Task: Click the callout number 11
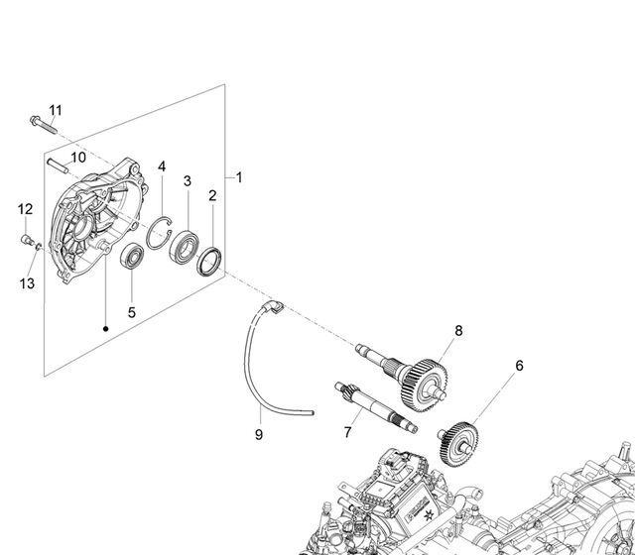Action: pos(56,110)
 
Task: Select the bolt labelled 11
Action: pos(44,125)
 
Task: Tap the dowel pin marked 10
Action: pos(58,166)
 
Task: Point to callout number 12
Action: pos(25,209)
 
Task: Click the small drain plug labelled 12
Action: pos(28,240)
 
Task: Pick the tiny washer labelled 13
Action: pos(39,246)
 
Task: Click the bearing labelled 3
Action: pos(185,247)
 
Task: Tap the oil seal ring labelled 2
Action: pos(209,262)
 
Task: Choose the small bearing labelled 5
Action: pos(132,256)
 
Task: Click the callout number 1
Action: pos(239,177)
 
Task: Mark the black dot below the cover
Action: pos(106,329)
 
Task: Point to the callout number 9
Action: pos(259,435)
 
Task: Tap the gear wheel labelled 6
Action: pos(458,444)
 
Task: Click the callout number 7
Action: pos(347,432)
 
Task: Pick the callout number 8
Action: pos(458,331)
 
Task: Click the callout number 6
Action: pos(520,366)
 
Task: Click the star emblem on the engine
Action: pos(427,515)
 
